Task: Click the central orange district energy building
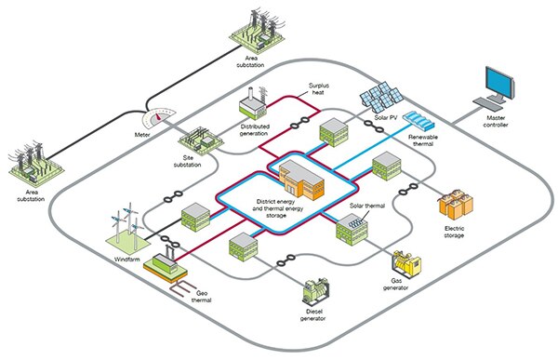pos(296,176)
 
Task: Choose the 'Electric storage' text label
pos(455,231)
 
